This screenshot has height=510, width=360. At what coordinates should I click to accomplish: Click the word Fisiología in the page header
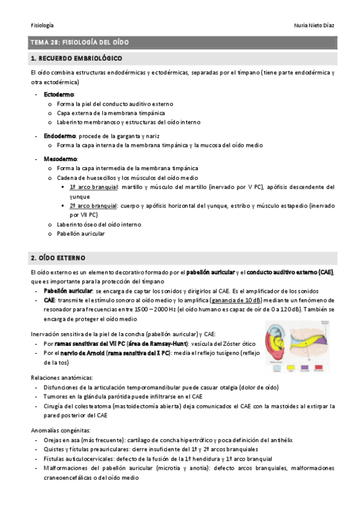[42, 25]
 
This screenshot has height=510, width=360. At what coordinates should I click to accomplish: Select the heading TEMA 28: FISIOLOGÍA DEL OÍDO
[79, 42]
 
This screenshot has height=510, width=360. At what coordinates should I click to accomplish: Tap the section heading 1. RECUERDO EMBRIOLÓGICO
[76, 58]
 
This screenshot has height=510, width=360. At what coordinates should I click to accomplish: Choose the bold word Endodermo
[59, 136]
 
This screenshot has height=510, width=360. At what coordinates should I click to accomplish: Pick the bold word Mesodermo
[59, 159]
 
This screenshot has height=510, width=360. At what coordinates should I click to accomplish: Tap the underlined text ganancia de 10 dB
[236, 300]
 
